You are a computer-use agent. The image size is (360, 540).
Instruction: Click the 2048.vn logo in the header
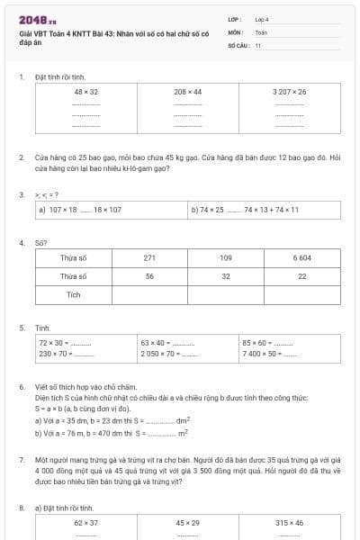(37, 19)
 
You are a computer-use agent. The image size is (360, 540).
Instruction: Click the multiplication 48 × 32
(86, 92)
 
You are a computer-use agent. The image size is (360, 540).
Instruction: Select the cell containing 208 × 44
(188, 92)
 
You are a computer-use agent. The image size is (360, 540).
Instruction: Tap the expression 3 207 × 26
(289, 92)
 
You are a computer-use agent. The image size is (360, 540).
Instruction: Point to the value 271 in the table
(149, 258)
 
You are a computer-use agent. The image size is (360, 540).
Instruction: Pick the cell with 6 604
(302, 258)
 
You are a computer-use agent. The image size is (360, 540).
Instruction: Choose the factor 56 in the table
(149, 276)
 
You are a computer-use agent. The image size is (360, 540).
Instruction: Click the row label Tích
(74, 294)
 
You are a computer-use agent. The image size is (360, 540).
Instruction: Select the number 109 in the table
(226, 258)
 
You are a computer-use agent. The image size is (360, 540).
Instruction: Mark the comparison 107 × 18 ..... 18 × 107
(85, 210)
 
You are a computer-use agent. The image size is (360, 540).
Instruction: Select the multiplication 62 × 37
(86, 523)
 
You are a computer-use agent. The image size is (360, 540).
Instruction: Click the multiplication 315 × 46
(289, 523)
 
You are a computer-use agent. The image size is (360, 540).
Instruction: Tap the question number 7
(22, 459)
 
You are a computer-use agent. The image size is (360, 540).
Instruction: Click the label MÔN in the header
(237, 31)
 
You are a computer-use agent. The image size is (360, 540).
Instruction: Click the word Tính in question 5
(43, 328)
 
